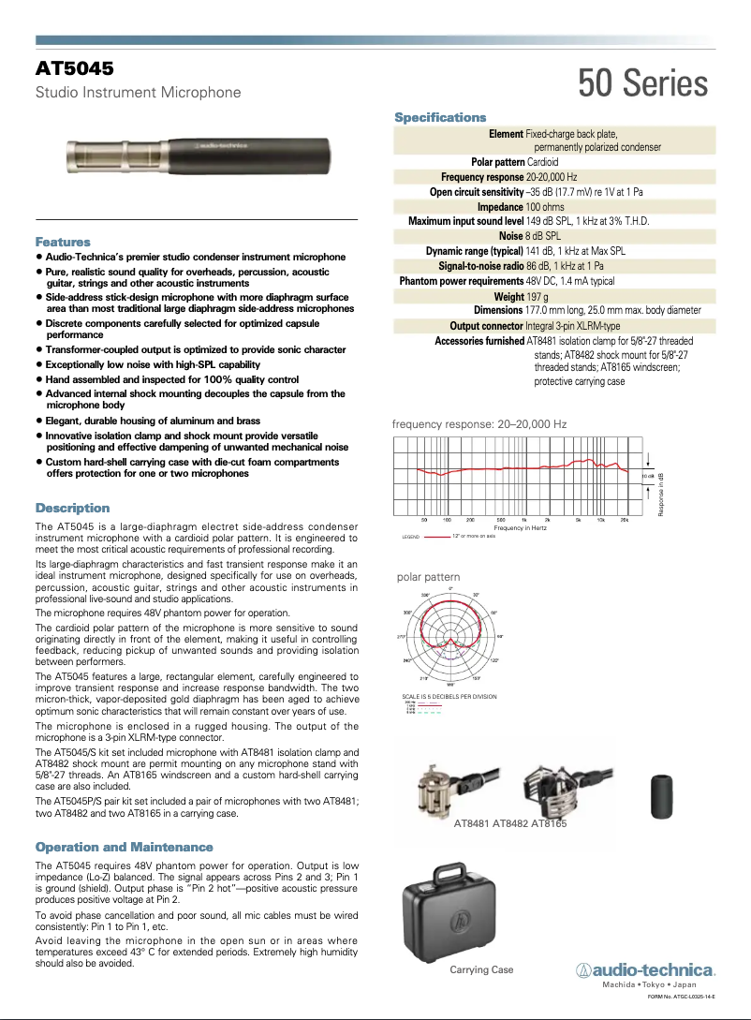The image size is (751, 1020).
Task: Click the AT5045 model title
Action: point(75,69)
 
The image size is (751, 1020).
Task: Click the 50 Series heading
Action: point(642,84)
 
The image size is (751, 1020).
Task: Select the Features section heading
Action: point(63,242)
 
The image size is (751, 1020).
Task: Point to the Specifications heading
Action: point(440,117)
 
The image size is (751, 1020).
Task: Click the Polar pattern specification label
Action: point(497,162)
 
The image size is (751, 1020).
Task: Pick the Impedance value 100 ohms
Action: point(545,206)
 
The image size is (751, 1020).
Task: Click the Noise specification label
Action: point(510,236)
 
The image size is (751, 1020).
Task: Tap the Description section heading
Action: point(72,508)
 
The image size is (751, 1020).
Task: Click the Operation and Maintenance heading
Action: point(124,847)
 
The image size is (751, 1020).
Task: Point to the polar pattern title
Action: point(429,577)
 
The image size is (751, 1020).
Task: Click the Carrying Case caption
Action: point(481,969)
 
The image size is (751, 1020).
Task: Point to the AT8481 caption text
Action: point(472,824)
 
